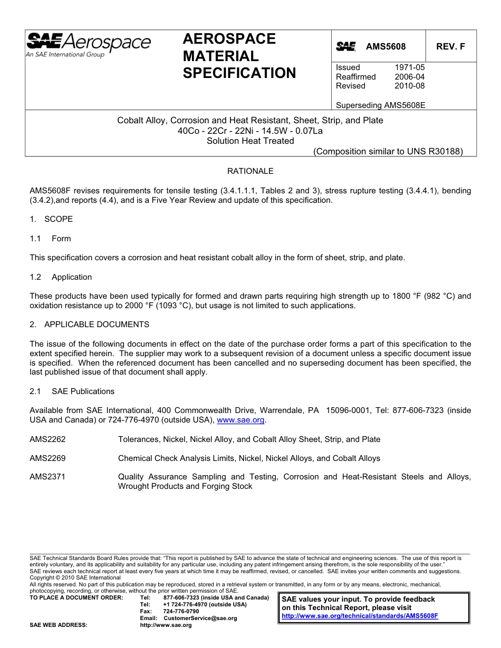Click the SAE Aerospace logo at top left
(x=88, y=44)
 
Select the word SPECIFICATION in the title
(x=239, y=73)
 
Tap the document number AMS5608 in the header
(x=386, y=47)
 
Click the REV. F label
(x=450, y=47)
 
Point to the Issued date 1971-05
(x=409, y=67)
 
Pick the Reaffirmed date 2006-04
(x=409, y=77)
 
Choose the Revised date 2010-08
(x=409, y=86)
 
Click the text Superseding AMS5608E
(x=380, y=105)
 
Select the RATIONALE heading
(x=250, y=171)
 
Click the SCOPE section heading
(x=59, y=219)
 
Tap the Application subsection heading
(x=72, y=277)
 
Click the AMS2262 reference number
(x=47, y=439)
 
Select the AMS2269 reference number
(x=47, y=458)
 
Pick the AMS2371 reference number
(x=47, y=477)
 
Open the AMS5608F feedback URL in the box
(x=360, y=616)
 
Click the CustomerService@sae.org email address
(x=200, y=618)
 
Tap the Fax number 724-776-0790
(x=182, y=612)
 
